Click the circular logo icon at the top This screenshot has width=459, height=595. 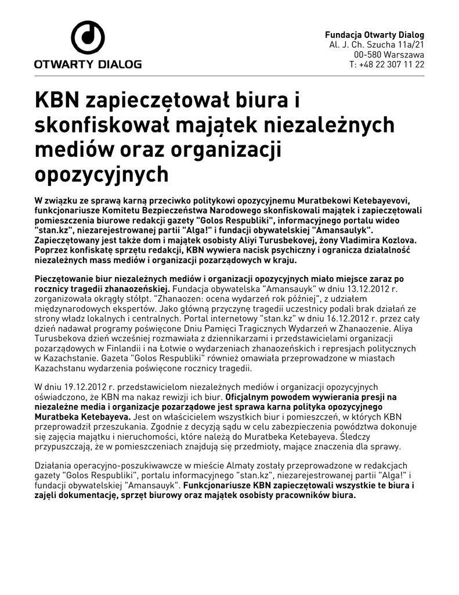click(88, 38)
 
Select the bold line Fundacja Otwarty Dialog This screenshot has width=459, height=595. click(374, 34)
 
